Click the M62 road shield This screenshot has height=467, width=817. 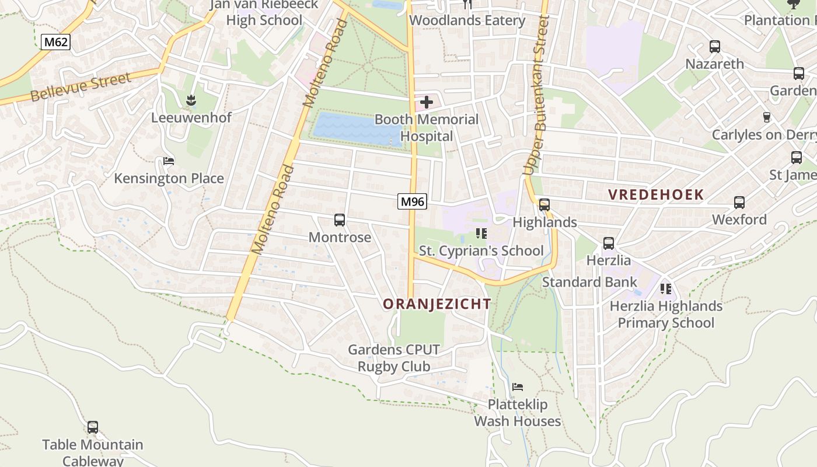click(55, 42)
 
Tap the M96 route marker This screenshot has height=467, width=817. click(413, 202)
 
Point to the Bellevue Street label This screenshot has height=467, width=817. click(81, 88)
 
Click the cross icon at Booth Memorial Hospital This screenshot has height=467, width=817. click(427, 103)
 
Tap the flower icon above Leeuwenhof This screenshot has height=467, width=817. click(191, 101)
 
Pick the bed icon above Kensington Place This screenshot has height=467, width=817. click(169, 161)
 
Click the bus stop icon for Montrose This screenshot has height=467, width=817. click(340, 220)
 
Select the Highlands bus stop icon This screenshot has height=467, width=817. click(544, 205)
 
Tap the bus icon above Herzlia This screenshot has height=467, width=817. click(609, 243)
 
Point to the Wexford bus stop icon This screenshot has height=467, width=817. click(739, 203)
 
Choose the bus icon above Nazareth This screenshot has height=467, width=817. click(715, 47)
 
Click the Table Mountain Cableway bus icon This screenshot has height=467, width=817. click(93, 427)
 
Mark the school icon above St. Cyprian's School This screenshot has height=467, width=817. click(481, 233)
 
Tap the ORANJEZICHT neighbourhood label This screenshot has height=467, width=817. click(437, 304)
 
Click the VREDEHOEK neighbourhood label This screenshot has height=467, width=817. click(656, 194)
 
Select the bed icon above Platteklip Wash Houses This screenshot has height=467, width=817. click(518, 387)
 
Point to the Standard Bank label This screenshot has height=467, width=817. click(589, 283)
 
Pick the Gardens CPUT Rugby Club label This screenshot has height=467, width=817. click(394, 358)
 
